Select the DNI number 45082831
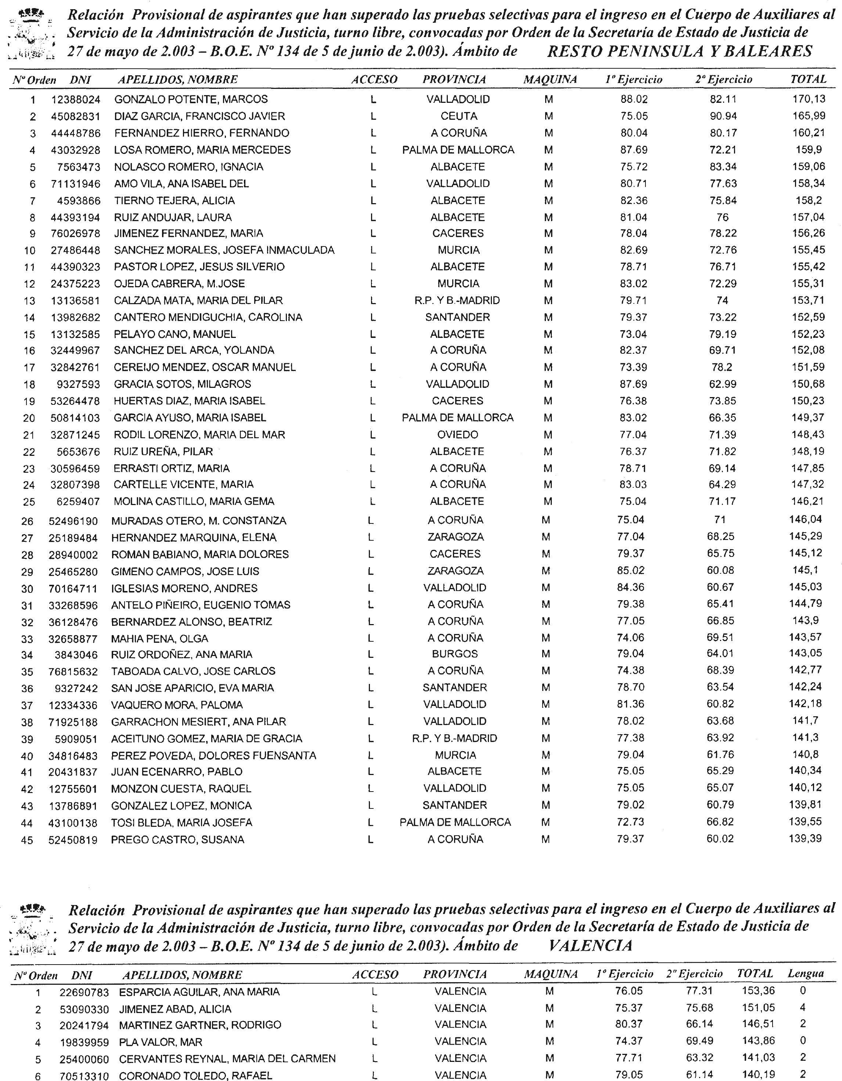point(76,116)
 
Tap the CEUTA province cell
point(458,116)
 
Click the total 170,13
point(808,99)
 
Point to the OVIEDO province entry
point(457,435)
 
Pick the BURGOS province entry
point(454,654)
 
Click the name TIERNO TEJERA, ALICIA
point(174,201)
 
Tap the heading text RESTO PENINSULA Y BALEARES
point(680,51)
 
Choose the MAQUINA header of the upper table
point(550,79)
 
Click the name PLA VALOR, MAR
point(161,1042)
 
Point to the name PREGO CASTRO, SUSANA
point(177,839)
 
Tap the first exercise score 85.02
point(631,570)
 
